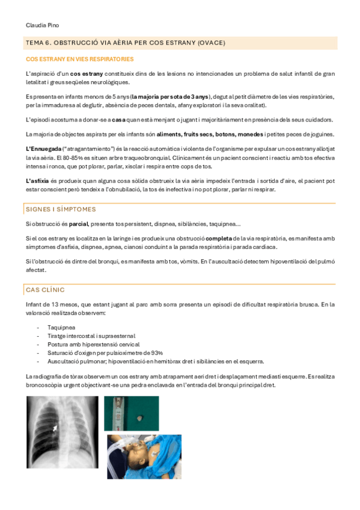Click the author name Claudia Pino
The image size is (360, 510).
point(43,25)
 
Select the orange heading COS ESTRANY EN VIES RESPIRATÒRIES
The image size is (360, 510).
point(80,60)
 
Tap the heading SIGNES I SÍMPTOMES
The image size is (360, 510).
point(61,209)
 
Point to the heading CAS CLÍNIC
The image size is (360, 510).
point(45,290)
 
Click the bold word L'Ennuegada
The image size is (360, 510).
point(44,148)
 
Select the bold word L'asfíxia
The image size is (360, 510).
point(38,181)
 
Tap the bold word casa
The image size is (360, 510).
point(118,119)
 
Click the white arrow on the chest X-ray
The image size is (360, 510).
point(56,428)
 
